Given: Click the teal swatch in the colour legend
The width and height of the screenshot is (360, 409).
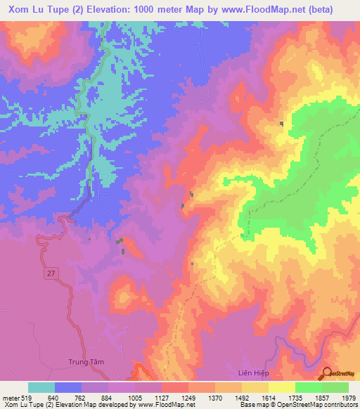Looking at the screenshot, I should click(41, 387).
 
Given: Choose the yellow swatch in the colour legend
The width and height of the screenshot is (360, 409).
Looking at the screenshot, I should click(281, 387).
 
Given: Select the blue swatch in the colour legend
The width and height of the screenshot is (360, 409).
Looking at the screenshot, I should click(68, 387).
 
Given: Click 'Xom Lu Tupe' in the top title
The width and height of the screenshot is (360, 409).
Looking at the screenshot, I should click(35, 10).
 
